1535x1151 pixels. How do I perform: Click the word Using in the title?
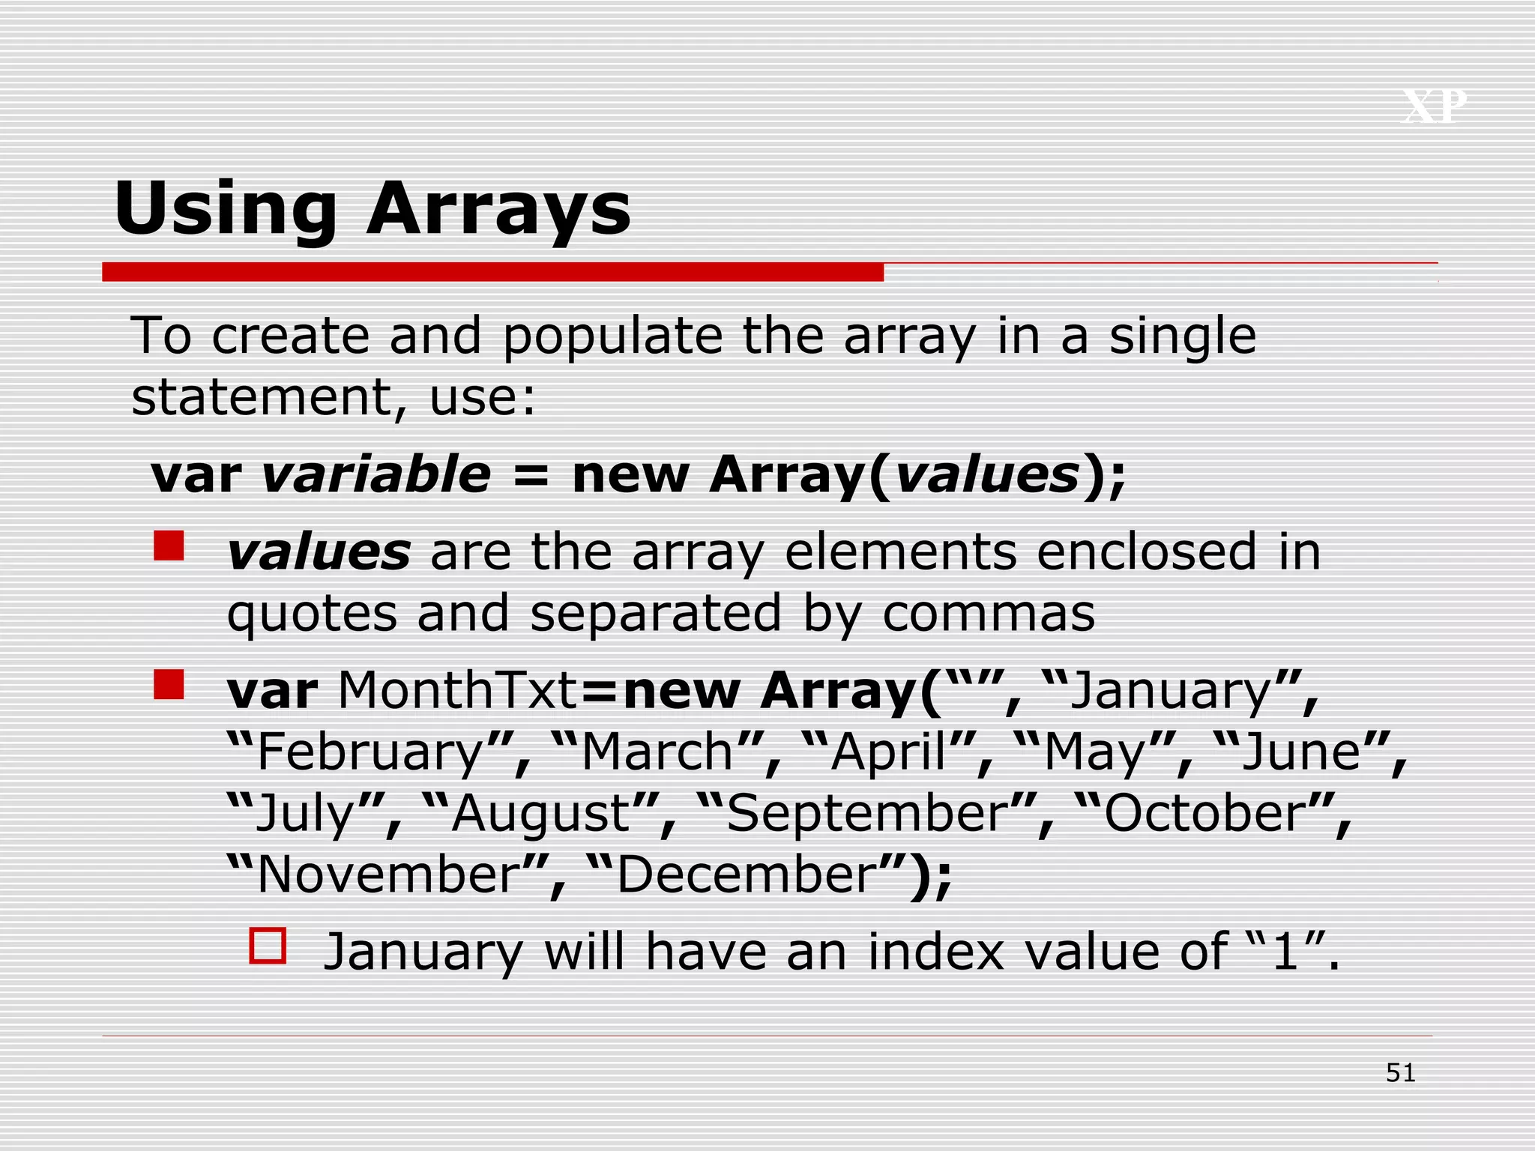[226, 210]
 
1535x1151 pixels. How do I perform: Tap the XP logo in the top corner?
[1434, 106]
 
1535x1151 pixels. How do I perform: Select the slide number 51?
[1400, 1073]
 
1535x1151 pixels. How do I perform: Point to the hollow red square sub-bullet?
[268, 946]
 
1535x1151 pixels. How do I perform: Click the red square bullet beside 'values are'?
[169, 546]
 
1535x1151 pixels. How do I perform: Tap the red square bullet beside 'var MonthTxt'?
[169, 684]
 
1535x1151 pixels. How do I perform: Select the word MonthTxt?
[458, 689]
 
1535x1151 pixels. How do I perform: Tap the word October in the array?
[1206, 814]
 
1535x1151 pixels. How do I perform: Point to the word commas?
[989, 614]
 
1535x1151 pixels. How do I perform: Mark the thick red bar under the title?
[492, 272]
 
